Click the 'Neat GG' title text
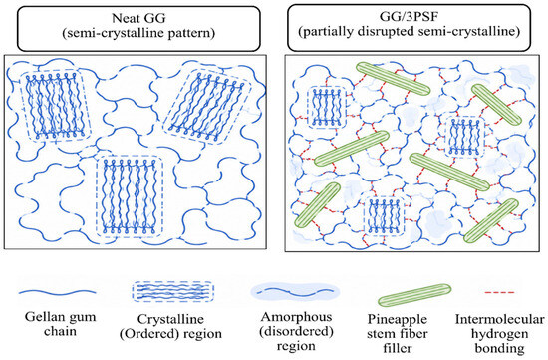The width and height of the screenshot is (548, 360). click(138, 18)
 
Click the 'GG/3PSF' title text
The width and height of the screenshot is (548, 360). click(409, 16)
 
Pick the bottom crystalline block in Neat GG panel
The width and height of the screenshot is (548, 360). click(130, 195)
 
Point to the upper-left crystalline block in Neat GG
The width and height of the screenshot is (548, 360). click(55, 106)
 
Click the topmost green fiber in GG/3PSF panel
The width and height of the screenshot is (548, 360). click(393, 79)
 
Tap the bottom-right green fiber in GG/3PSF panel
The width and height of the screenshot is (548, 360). click(491, 220)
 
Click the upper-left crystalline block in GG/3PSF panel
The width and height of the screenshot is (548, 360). click(327, 107)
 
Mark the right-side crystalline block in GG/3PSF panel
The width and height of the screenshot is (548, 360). click(464, 137)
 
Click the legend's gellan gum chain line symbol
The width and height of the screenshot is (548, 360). click(57, 292)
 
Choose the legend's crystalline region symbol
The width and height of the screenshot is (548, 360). click(173, 292)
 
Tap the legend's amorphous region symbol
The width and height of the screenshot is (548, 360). click(295, 291)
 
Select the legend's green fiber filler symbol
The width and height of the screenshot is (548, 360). click(414, 295)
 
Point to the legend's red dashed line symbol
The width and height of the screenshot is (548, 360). click(500, 292)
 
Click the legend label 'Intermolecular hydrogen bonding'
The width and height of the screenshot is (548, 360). click(500, 334)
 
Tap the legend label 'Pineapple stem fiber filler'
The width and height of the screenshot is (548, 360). click(398, 334)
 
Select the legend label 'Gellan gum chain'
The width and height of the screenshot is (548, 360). click(60, 324)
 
